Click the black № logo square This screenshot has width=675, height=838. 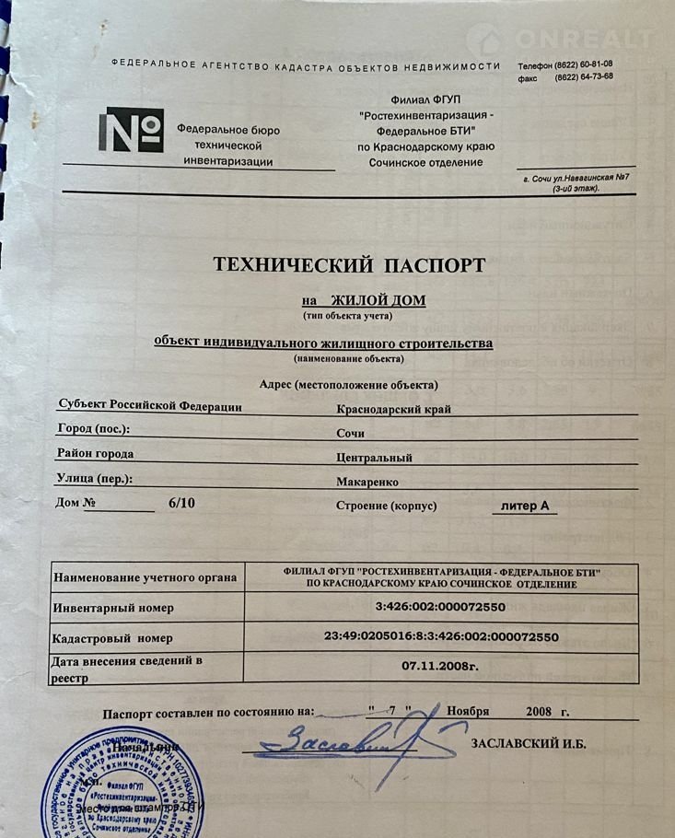(131, 131)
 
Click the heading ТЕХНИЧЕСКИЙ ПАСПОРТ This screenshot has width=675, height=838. (349, 265)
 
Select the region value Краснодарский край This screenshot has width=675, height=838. (396, 409)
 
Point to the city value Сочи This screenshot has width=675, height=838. (352, 433)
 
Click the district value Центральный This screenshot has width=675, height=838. (375, 457)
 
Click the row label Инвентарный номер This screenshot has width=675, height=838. (113, 609)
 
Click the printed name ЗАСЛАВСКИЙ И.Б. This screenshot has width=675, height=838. (528, 744)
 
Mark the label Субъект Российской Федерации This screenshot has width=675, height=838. (149, 405)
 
